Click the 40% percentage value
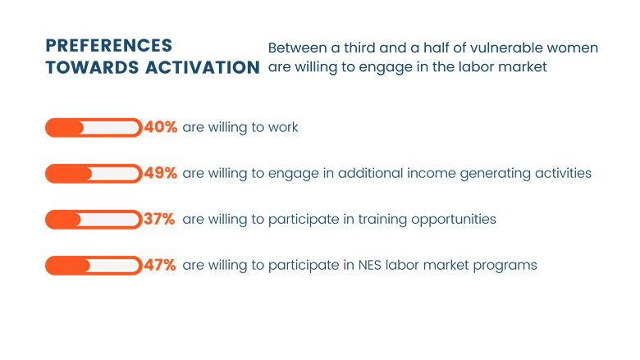tap(160, 128)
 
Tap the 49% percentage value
tap(160, 174)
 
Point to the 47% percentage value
tap(160, 266)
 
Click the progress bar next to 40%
tap(93, 128)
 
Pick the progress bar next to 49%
tap(93, 174)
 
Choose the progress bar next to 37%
tap(93, 220)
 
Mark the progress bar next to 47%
tap(93, 266)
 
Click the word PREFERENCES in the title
tap(108, 46)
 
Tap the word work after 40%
tap(282, 128)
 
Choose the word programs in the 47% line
tap(508, 266)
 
